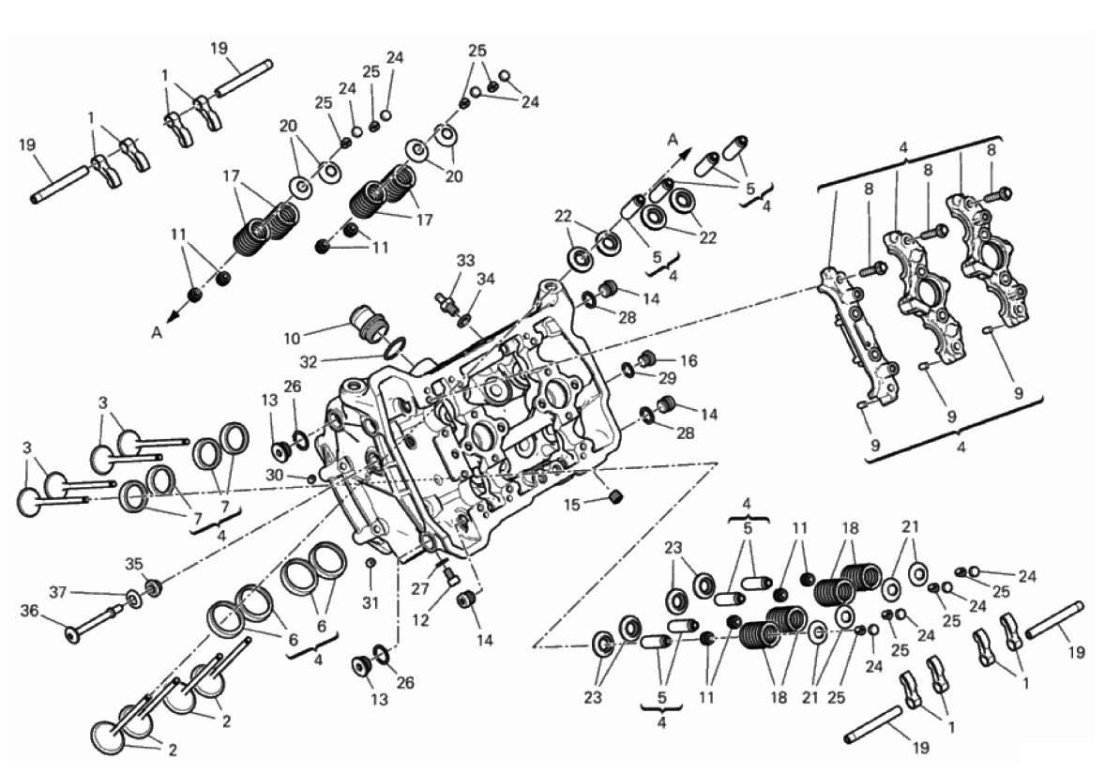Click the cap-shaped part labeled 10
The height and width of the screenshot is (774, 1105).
tap(367, 323)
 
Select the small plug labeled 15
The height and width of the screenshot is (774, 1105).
tap(616, 496)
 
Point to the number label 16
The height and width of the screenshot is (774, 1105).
tap(689, 360)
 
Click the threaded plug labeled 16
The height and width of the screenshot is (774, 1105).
tap(646, 359)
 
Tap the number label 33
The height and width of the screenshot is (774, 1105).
tap(465, 259)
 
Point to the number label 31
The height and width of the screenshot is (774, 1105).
tap(371, 601)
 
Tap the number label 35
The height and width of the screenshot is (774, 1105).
tap(134, 564)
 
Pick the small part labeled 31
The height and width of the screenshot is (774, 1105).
tap(371, 563)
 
